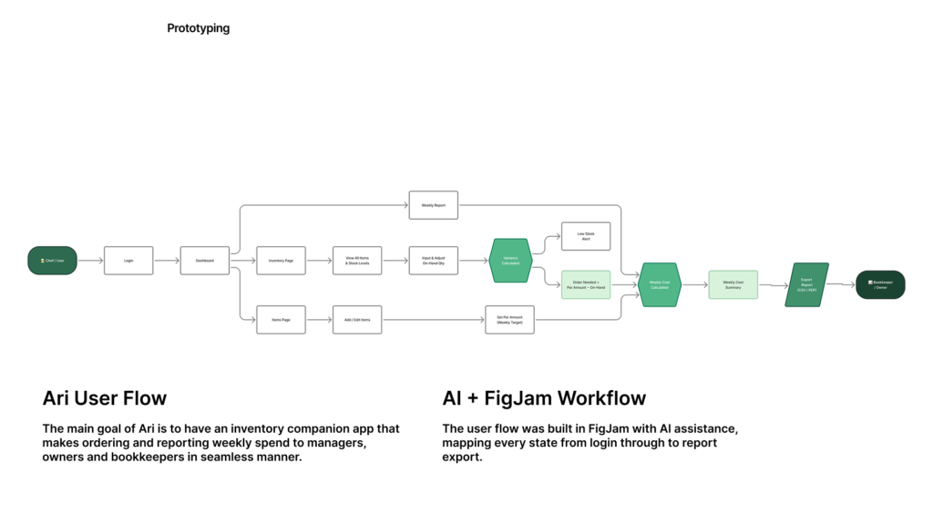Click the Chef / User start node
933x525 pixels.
pyautogui.click(x=52, y=261)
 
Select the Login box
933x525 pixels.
pyautogui.click(x=128, y=261)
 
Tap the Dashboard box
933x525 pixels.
pyautogui.click(x=205, y=261)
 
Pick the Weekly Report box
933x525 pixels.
pyautogui.click(x=433, y=205)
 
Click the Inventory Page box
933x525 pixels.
pyautogui.click(x=281, y=261)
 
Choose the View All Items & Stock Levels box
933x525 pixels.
pyautogui.click(x=357, y=261)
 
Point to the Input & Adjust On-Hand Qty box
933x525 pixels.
pyautogui.click(x=433, y=261)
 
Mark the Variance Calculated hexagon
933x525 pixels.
pyautogui.click(x=510, y=261)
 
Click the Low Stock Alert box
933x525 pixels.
pyautogui.click(x=585, y=236)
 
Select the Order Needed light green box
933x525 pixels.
pyautogui.click(x=585, y=284)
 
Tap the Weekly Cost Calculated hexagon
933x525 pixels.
pyautogui.click(x=660, y=284)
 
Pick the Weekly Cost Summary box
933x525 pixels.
pyautogui.click(x=733, y=284)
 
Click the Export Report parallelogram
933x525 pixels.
pyautogui.click(x=806, y=284)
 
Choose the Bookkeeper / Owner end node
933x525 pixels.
pyautogui.click(x=880, y=284)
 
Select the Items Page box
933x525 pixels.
pyautogui.click(x=281, y=319)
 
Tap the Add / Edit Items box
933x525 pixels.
pyautogui.click(x=357, y=319)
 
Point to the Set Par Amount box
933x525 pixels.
pyautogui.click(x=509, y=319)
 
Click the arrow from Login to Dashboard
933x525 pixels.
pyautogui.click(x=167, y=261)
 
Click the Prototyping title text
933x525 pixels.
pyautogui.click(x=199, y=28)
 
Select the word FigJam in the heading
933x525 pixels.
pyautogui.click(x=521, y=398)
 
